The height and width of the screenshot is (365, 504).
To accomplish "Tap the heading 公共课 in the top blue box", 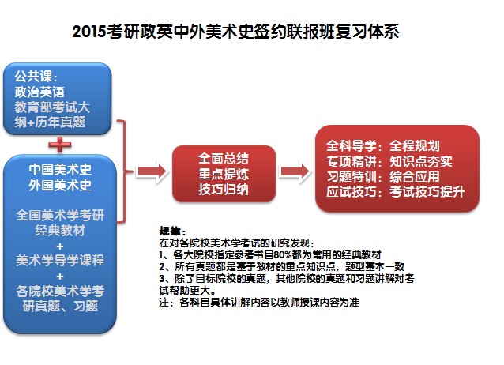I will pos(34,77).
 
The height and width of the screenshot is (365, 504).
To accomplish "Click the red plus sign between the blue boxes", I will pos(58,145).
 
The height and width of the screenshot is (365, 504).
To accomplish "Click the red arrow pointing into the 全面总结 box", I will pos(151,170).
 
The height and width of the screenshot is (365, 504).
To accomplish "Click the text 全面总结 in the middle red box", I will pos(220,158).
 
